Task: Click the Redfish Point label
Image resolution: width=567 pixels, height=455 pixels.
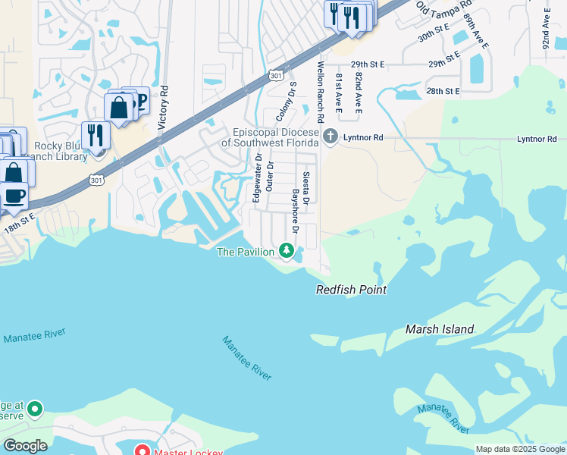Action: click(x=351, y=290)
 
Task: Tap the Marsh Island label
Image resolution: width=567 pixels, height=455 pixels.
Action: click(x=440, y=329)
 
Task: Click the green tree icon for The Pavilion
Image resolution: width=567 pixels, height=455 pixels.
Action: click(x=287, y=249)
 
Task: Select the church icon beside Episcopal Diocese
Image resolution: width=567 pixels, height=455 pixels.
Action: click(x=330, y=137)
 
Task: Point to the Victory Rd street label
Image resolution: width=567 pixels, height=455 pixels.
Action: click(x=161, y=114)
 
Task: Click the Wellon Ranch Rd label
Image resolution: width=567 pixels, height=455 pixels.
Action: click(x=321, y=93)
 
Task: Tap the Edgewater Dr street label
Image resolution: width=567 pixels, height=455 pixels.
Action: click(x=258, y=179)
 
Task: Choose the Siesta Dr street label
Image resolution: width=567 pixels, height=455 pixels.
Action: click(x=306, y=189)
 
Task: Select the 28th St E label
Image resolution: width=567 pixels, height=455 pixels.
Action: click(x=443, y=91)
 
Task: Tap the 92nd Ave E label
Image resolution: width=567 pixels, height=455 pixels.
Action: click(x=546, y=28)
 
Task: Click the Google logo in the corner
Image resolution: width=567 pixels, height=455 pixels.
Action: click(x=25, y=446)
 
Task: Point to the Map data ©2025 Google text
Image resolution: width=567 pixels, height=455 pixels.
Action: click(x=520, y=449)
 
